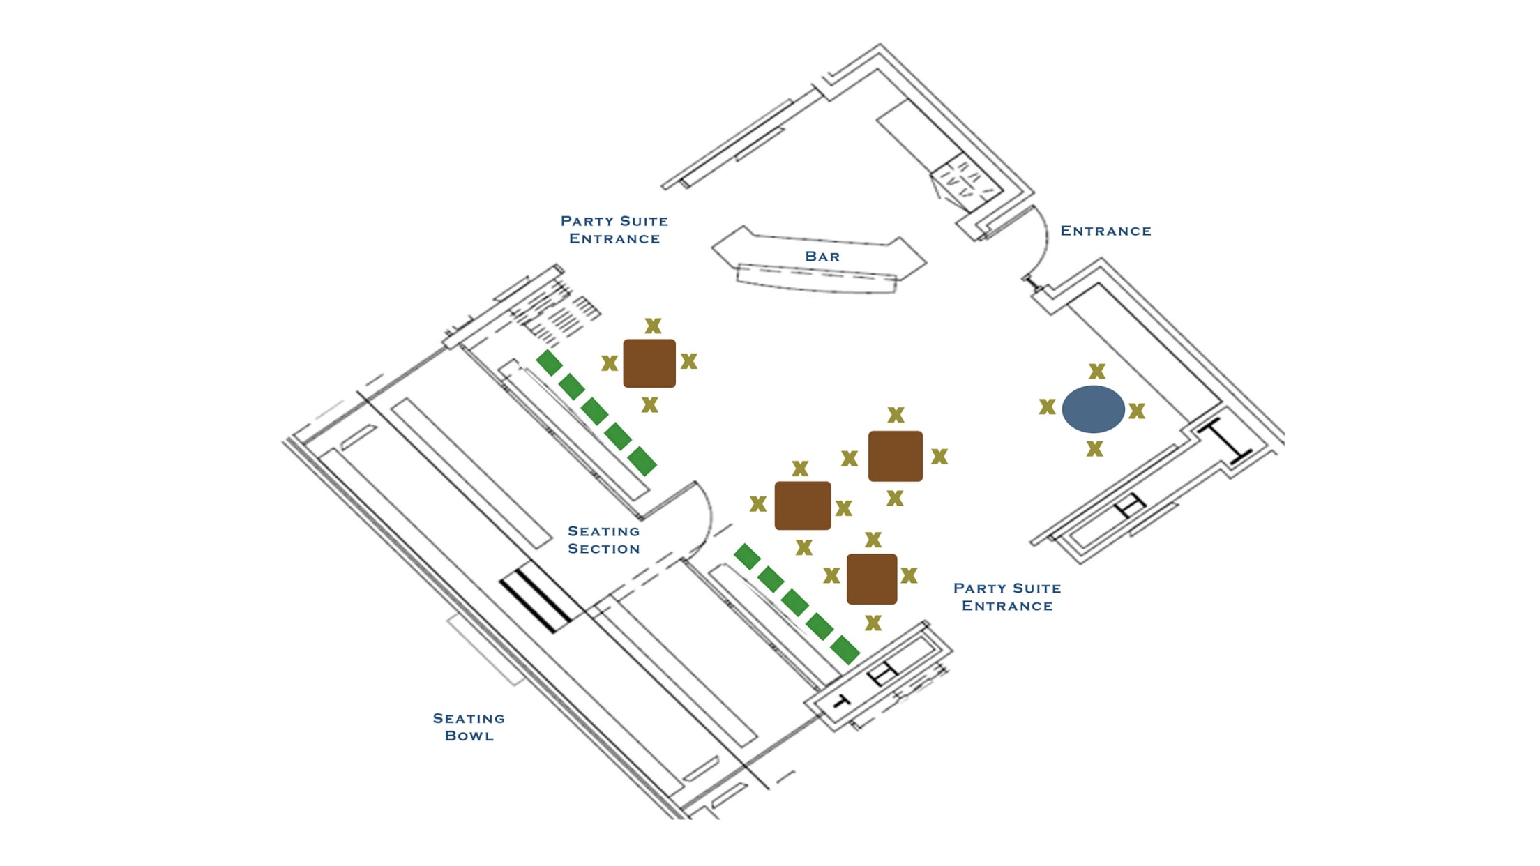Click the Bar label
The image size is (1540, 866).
(x=822, y=257)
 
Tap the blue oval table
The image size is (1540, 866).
(x=1093, y=409)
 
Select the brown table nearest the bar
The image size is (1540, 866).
(x=649, y=363)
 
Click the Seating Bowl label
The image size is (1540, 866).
(x=469, y=727)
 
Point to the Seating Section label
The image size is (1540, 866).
(x=604, y=540)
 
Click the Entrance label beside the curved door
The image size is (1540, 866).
(x=1105, y=231)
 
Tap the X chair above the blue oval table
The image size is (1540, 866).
(x=1097, y=371)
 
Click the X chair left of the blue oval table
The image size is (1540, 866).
(x=1047, y=407)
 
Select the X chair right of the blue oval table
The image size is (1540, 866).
(x=1137, y=411)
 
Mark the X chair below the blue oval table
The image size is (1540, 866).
(x=1094, y=449)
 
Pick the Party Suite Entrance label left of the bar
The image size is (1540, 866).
(x=614, y=229)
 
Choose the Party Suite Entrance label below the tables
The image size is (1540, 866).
(x=1007, y=597)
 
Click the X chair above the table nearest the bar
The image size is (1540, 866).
(x=653, y=326)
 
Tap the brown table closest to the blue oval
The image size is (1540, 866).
(x=896, y=456)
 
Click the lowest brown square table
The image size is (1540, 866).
(x=872, y=579)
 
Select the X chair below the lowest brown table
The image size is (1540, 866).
(x=873, y=623)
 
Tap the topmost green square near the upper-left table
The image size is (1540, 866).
(x=550, y=363)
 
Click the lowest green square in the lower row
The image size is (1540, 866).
(x=845, y=650)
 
